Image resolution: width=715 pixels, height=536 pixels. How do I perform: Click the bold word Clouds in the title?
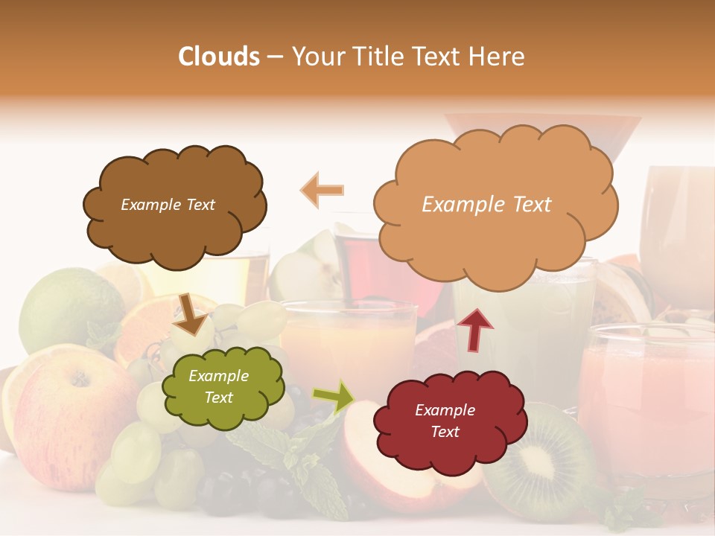pyautogui.click(x=220, y=57)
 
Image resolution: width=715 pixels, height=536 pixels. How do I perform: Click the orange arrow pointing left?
pyautogui.click(x=322, y=190)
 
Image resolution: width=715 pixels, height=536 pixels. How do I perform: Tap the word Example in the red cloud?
pyautogui.click(x=445, y=410)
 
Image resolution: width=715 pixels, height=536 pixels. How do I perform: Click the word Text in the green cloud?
pyautogui.click(x=219, y=398)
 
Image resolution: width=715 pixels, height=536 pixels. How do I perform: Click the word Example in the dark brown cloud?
pyautogui.click(x=150, y=205)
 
